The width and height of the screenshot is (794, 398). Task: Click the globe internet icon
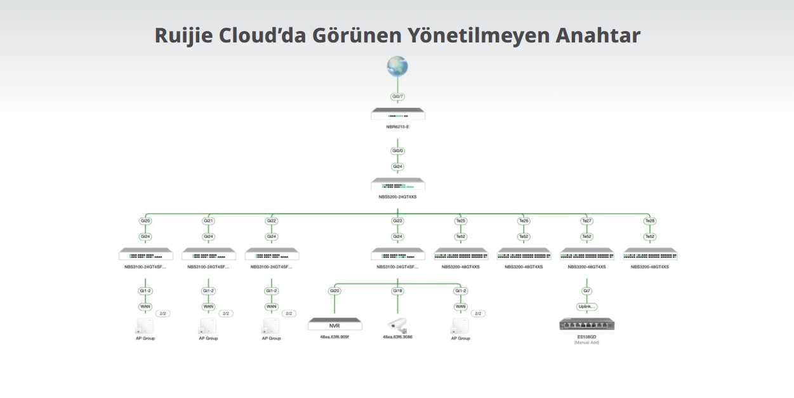(397, 66)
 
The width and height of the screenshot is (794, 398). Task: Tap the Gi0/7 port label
(397, 97)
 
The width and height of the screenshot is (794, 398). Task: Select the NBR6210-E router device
(398, 114)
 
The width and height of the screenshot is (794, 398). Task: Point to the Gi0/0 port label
(397, 151)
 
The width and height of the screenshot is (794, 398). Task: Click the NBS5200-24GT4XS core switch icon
(398, 184)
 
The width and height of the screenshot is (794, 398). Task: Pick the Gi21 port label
(208, 221)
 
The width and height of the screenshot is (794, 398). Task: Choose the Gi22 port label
(271, 221)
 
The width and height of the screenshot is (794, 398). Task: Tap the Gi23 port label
(397, 221)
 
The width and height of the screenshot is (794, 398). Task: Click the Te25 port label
(460, 221)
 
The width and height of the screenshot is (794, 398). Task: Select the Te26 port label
(524, 221)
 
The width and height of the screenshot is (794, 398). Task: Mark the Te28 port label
(649, 221)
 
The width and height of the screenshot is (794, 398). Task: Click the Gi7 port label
(586, 291)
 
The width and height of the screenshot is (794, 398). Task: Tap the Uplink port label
(586, 307)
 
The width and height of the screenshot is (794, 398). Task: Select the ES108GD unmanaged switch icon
(587, 324)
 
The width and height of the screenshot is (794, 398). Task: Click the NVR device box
(334, 324)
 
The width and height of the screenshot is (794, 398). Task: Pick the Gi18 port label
(397, 291)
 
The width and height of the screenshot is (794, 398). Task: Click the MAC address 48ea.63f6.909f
(334, 337)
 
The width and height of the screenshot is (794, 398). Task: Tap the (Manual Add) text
(586, 343)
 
